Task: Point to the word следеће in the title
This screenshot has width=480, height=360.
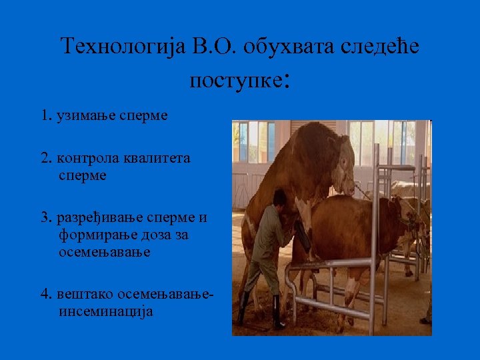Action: (x=383, y=47)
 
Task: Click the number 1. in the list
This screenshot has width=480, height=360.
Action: (x=45, y=115)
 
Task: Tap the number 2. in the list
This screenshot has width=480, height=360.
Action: (x=46, y=159)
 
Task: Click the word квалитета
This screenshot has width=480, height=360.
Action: (x=159, y=159)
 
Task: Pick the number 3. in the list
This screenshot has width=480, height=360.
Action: (x=46, y=218)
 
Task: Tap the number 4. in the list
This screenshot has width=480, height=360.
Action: (x=46, y=294)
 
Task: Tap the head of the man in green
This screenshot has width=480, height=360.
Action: (x=281, y=197)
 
